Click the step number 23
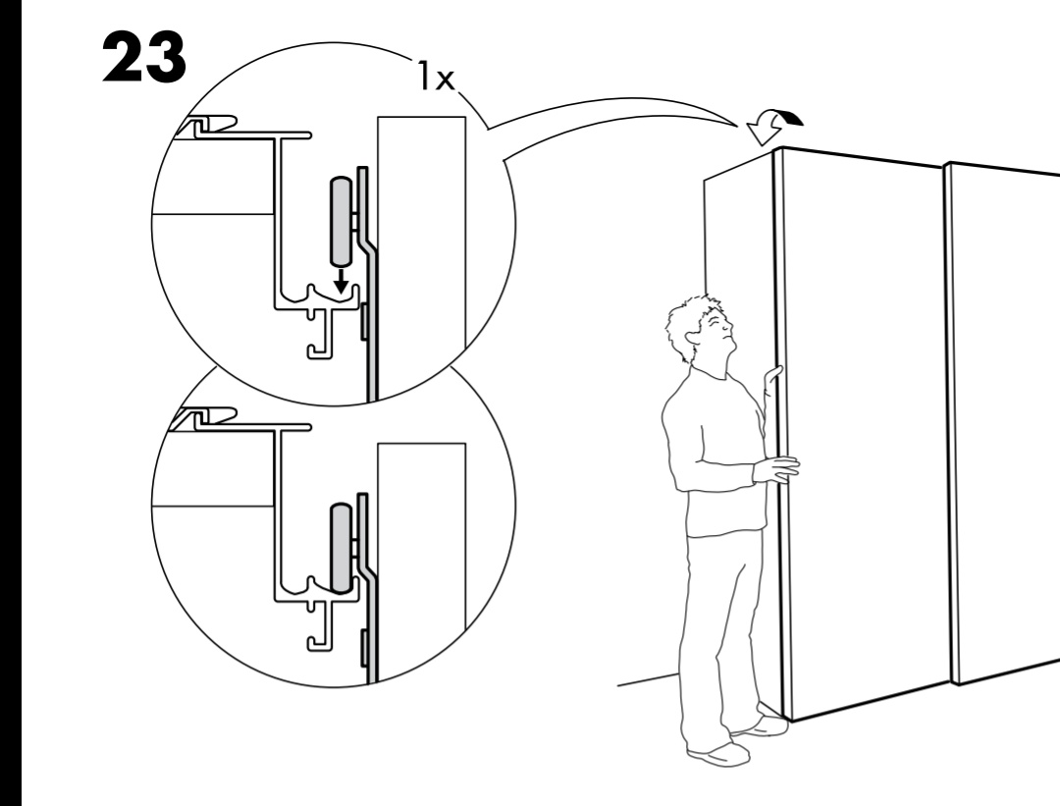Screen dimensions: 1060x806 click(144, 58)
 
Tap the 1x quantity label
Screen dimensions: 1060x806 click(436, 76)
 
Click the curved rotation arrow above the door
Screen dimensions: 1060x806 click(773, 126)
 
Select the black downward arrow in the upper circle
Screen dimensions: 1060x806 click(343, 280)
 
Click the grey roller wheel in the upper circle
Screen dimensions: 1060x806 click(342, 221)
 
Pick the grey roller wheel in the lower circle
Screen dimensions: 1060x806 click(342, 548)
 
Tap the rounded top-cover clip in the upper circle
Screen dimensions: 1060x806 click(207, 125)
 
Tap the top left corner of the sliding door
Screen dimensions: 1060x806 click(775, 149)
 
